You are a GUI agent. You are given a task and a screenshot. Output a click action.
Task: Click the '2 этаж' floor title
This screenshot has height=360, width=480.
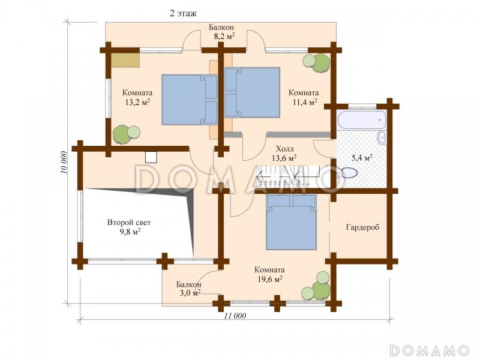[x=183, y=13]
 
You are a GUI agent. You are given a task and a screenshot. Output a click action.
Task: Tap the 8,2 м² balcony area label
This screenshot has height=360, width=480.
[x=224, y=37]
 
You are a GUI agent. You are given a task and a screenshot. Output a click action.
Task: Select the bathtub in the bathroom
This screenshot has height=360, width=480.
[x=361, y=120]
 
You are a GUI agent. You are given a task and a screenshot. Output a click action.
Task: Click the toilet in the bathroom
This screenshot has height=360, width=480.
[x=349, y=173]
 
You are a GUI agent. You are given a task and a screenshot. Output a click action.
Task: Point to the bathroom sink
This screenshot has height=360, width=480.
[x=382, y=137]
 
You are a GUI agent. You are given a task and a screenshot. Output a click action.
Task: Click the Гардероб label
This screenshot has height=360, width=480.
[x=362, y=227]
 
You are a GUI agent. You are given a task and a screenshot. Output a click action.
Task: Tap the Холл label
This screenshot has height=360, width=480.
[x=284, y=149]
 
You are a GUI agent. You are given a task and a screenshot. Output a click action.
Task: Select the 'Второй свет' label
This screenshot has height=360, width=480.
[x=129, y=222]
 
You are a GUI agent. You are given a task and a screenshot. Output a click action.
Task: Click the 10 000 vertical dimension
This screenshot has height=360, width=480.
[x=64, y=163]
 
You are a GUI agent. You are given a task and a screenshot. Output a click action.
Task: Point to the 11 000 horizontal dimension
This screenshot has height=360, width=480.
[x=235, y=316]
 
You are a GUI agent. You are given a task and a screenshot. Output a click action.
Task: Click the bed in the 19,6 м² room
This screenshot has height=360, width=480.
[x=291, y=222]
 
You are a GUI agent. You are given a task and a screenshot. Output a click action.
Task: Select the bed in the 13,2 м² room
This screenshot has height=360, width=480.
[x=189, y=100]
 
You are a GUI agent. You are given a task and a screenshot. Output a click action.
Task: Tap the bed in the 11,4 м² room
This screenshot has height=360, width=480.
[x=252, y=92]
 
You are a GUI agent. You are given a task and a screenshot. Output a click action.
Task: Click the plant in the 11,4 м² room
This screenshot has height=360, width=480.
[x=317, y=63]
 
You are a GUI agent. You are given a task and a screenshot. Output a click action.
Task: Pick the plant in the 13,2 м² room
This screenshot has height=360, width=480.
[x=126, y=134]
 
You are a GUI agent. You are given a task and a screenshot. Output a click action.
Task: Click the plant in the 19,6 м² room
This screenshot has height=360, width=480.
[x=317, y=286]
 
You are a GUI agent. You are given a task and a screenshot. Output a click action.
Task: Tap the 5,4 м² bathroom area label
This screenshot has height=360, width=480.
[x=362, y=158]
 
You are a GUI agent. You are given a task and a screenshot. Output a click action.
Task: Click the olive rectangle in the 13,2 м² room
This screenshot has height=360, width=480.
[x=125, y=60]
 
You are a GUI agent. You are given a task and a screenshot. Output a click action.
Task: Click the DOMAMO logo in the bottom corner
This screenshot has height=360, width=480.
[x=429, y=350]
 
